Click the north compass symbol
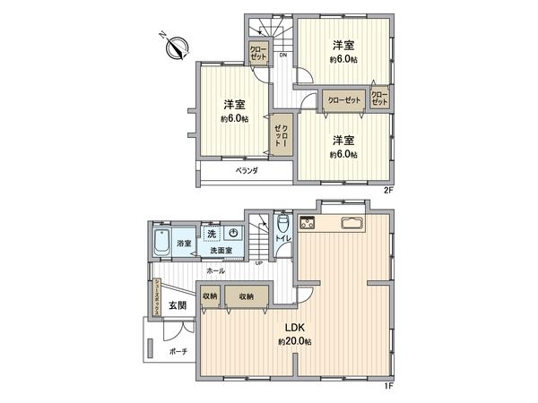pyautogui.click(x=174, y=46)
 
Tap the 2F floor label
pyautogui.click(x=388, y=191)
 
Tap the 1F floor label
pyautogui.click(x=388, y=385)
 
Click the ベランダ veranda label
pyautogui.click(x=247, y=170)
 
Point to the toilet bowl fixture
pyautogui.click(x=283, y=223)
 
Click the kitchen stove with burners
pyautogui.click(x=309, y=222)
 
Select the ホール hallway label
pyautogui.click(x=216, y=270)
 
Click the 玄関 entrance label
pyautogui.click(x=177, y=305)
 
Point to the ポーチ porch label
pyautogui.click(x=178, y=351)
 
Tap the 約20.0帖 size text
pyautogui.click(x=294, y=342)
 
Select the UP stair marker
pyautogui.click(x=258, y=262)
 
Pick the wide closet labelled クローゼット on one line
pyautogui.click(x=344, y=100)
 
